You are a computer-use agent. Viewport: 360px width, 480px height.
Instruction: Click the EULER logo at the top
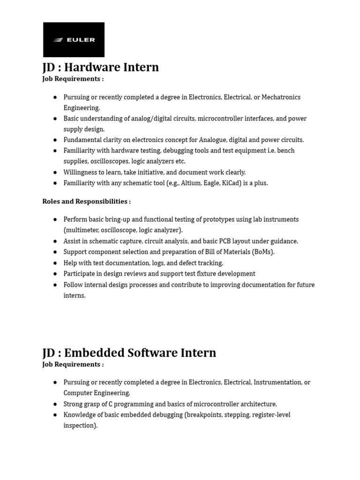[74, 40]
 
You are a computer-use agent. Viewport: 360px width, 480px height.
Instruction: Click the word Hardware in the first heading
[91, 67]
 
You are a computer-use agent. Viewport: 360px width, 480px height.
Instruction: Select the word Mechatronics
[281, 97]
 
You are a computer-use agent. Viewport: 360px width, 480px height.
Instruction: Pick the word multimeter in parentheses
[82, 230]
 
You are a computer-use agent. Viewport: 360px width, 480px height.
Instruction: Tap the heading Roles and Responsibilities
[87, 202]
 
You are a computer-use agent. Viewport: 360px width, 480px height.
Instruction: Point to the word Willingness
[81, 172]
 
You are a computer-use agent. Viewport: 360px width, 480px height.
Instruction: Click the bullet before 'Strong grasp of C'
[55, 404]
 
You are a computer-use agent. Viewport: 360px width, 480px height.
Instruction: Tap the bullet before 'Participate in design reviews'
[55, 274]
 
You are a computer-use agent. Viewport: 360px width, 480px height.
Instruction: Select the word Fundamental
[82, 140]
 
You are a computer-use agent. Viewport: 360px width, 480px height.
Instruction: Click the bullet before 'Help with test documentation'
[55, 263]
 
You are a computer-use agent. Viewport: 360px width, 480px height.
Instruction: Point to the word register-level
[270, 415]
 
